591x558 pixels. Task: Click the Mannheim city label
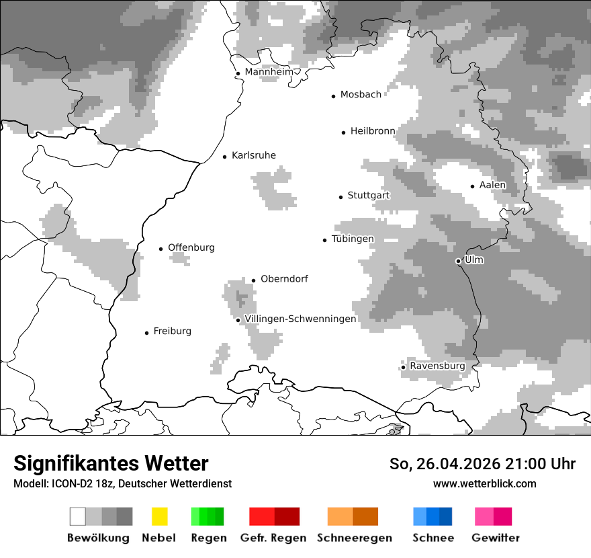pyautogui.click(x=269, y=72)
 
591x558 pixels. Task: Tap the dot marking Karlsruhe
pyautogui.click(x=225, y=157)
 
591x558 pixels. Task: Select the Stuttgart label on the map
pyautogui.click(x=368, y=196)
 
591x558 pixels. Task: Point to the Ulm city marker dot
pyautogui.click(x=458, y=261)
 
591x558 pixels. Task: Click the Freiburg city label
pyautogui.click(x=172, y=331)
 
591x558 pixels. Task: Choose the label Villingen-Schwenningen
pyautogui.click(x=300, y=319)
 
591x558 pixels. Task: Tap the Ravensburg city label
pyautogui.click(x=437, y=366)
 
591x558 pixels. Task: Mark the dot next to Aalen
pyautogui.click(x=473, y=186)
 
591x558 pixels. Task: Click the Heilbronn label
pyautogui.click(x=373, y=131)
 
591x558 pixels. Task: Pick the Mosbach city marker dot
pyautogui.click(x=333, y=96)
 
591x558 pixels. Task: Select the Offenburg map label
pyautogui.click(x=191, y=247)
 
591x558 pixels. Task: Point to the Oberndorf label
pyautogui.click(x=284, y=279)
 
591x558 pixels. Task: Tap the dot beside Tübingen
pyautogui.click(x=325, y=240)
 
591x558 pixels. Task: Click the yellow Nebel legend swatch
pyautogui.click(x=159, y=516)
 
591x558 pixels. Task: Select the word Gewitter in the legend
pyautogui.click(x=496, y=538)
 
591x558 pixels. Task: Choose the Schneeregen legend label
pyautogui.click(x=355, y=538)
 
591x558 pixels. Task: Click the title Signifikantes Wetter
pyautogui.click(x=111, y=463)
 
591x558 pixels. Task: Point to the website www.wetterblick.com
pyautogui.click(x=484, y=483)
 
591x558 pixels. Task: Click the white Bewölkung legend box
pyautogui.click(x=77, y=516)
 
